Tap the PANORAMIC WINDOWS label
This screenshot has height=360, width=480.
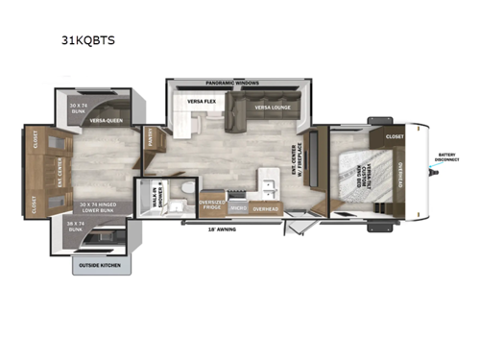pyautogui.click(x=233, y=84)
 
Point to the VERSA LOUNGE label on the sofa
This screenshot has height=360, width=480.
pyautogui.click(x=273, y=108)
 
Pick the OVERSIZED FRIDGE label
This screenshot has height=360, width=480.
pyautogui.click(x=211, y=204)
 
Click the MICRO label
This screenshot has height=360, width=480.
pyautogui.click(x=238, y=205)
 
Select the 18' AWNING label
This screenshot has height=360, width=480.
pyautogui.click(x=223, y=229)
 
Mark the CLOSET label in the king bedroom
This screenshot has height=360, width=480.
pyautogui.click(x=396, y=136)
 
